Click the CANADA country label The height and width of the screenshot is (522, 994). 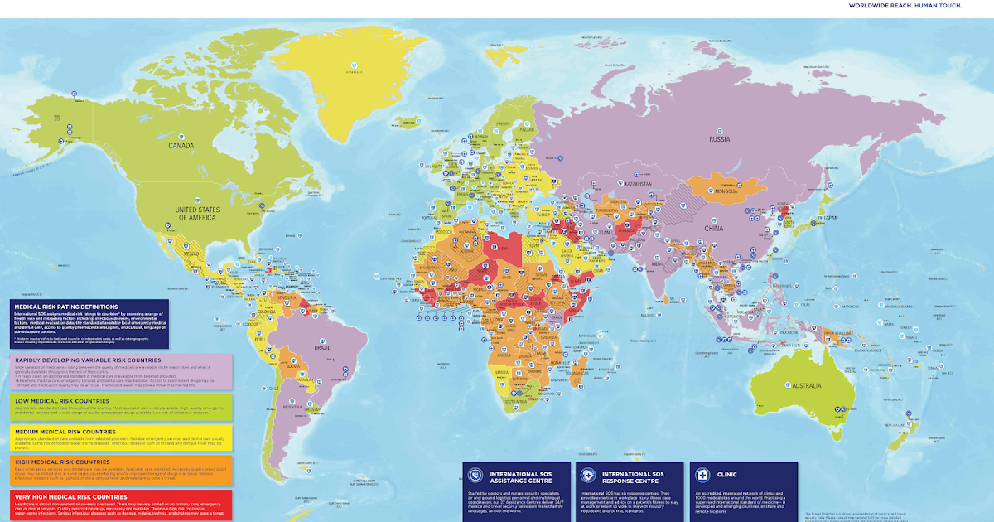(181, 146)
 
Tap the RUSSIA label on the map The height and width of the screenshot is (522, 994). (719, 139)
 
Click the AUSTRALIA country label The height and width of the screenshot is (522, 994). (807, 386)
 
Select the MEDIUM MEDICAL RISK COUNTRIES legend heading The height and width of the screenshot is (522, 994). (74, 431)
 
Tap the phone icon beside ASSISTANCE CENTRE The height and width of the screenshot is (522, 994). (475, 475)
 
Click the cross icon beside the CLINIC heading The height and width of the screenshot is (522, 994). (702, 475)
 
